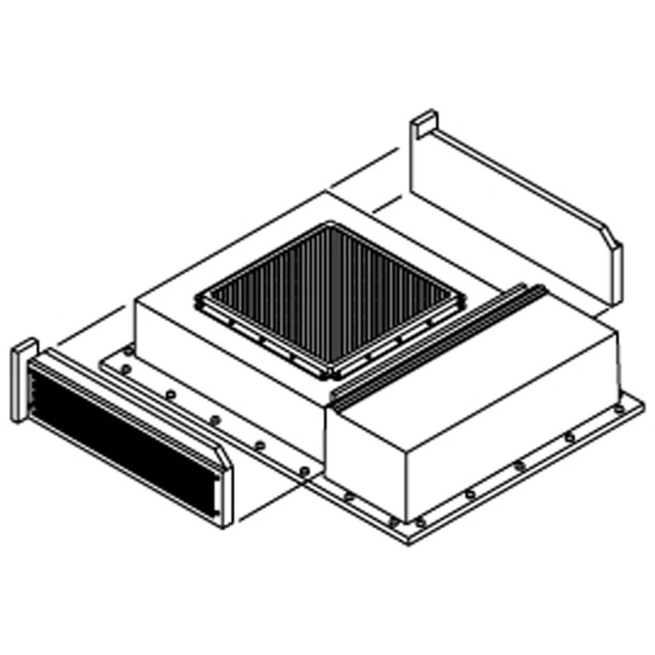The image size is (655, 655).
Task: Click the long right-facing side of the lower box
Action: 512,435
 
